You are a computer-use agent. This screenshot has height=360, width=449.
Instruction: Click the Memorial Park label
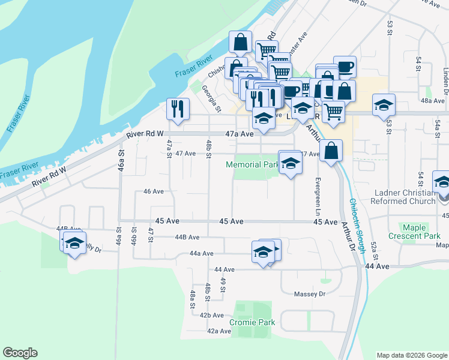tap(252, 164)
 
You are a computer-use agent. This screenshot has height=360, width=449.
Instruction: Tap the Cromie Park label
tap(252, 322)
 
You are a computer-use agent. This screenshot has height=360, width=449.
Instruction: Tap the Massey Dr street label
tap(309, 294)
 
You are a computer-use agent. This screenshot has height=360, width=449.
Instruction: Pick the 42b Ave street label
tap(211, 315)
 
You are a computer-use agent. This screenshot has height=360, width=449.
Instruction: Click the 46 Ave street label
tap(154, 191)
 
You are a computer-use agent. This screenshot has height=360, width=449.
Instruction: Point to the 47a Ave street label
tap(237, 135)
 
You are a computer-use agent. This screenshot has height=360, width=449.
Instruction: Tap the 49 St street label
tap(222, 285)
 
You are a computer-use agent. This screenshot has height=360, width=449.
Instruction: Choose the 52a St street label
tap(373, 245)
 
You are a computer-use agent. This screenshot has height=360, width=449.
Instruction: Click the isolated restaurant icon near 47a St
tap(177, 108)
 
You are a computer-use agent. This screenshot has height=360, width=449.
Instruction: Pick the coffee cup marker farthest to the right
tap(345, 67)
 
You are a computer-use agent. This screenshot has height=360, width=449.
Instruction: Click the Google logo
tap(20, 353)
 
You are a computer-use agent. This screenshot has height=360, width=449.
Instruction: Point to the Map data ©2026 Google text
tap(411, 355)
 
